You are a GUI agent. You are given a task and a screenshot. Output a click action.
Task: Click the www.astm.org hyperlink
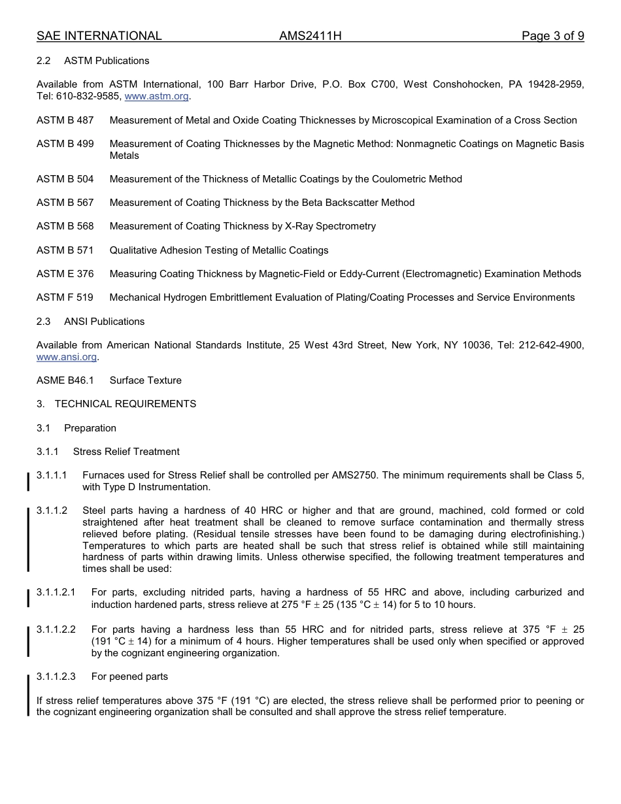(x=156, y=96)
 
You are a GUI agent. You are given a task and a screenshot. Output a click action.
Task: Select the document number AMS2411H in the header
(x=310, y=36)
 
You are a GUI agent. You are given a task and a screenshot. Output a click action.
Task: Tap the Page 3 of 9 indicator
(x=552, y=36)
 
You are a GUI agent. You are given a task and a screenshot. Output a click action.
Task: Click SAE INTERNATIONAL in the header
(x=99, y=36)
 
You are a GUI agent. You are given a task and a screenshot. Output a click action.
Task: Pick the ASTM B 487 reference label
(x=65, y=120)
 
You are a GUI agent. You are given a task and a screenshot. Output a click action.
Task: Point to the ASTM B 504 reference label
(x=65, y=179)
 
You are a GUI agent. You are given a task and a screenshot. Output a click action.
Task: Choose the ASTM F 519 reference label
(x=65, y=297)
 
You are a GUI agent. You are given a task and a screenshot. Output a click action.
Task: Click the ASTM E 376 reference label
(x=65, y=274)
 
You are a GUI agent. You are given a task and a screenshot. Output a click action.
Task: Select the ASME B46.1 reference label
(x=65, y=380)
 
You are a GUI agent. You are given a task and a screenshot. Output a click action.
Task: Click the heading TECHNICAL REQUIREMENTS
(x=125, y=404)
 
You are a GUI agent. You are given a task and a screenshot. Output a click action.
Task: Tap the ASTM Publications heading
(x=107, y=61)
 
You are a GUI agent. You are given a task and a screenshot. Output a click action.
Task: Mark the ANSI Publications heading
(x=104, y=322)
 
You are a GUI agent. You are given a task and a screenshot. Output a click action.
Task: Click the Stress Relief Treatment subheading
(x=126, y=452)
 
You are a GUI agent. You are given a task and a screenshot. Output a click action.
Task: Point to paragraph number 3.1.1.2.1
(x=56, y=592)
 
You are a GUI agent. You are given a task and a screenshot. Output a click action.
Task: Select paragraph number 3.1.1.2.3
(x=56, y=677)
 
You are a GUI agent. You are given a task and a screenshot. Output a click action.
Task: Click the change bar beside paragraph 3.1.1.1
(x=28, y=481)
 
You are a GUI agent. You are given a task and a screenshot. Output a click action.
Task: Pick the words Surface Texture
(x=146, y=380)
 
